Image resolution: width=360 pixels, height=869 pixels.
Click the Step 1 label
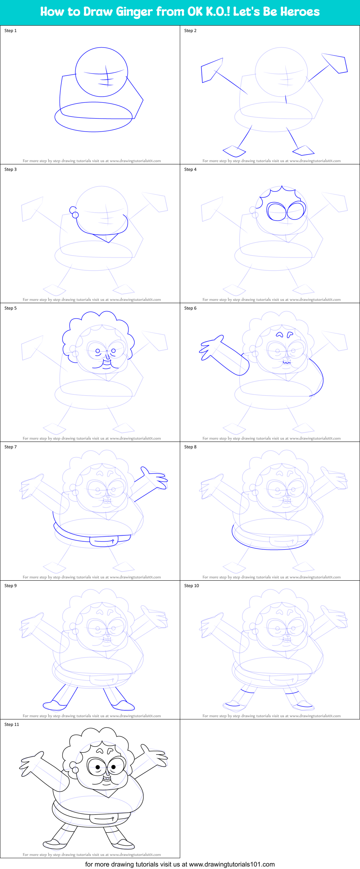(10, 31)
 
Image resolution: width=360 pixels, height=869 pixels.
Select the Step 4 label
(190, 169)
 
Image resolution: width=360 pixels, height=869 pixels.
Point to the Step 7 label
(10, 447)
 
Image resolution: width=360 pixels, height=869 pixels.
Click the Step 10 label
(191, 586)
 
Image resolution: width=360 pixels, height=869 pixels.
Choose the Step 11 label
(12, 724)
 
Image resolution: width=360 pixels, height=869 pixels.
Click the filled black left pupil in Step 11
(98, 767)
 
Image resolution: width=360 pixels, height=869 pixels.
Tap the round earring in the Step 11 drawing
(75, 770)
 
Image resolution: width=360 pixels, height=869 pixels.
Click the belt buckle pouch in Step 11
(105, 819)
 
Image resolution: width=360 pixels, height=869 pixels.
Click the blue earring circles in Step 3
(74, 212)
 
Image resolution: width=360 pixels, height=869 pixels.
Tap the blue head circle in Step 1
(102, 72)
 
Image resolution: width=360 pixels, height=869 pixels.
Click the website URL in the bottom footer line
(232, 864)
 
